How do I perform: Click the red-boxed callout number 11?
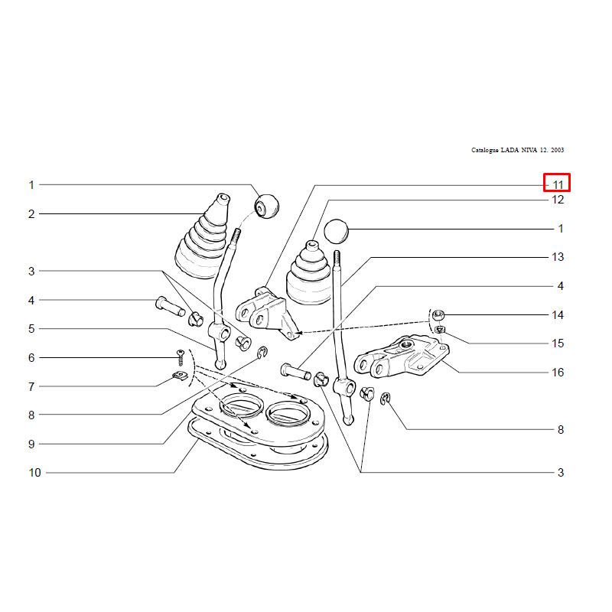click(558, 185)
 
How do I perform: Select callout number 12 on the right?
click(558, 200)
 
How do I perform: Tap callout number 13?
click(558, 257)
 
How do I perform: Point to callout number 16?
click(558, 373)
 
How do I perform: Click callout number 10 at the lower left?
click(34, 473)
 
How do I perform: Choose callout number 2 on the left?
click(31, 214)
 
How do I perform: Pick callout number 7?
click(31, 387)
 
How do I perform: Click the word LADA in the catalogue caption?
click(509, 150)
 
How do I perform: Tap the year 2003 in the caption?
click(558, 150)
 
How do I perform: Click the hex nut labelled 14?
click(438, 314)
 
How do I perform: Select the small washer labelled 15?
click(440, 330)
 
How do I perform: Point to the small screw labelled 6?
click(181, 357)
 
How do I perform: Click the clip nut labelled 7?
click(181, 376)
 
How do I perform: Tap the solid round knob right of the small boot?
click(336, 232)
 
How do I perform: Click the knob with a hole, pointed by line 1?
click(267, 207)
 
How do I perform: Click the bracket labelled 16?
click(402, 356)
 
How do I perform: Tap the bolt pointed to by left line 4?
click(170, 307)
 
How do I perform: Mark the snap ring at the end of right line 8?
click(386, 398)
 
